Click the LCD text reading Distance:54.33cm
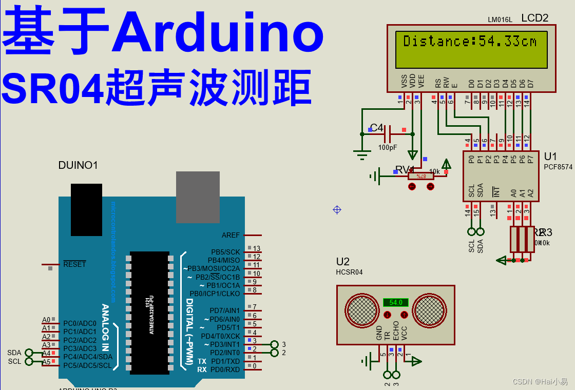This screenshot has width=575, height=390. (470, 41)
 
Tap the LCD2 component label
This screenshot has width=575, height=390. (534, 18)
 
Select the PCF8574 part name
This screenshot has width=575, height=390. (558, 167)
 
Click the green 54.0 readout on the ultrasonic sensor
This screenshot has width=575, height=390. (396, 302)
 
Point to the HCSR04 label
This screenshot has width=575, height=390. (349, 272)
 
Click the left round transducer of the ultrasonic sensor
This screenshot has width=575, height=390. (362, 310)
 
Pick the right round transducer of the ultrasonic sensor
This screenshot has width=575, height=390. (430, 310)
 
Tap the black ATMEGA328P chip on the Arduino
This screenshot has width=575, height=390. (149, 313)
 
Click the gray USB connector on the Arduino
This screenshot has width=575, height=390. (198, 197)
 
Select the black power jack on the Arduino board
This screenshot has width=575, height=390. (86, 209)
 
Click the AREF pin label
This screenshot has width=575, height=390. (231, 235)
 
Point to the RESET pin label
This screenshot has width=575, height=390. (74, 264)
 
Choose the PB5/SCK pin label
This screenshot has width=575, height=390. (225, 252)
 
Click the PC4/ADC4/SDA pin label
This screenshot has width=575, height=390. (87, 357)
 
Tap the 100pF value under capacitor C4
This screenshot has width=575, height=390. (388, 147)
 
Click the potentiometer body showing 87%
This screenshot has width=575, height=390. (421, 176)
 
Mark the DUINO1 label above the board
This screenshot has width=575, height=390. (78, 165)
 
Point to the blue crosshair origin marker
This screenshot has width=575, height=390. (337, 209)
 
